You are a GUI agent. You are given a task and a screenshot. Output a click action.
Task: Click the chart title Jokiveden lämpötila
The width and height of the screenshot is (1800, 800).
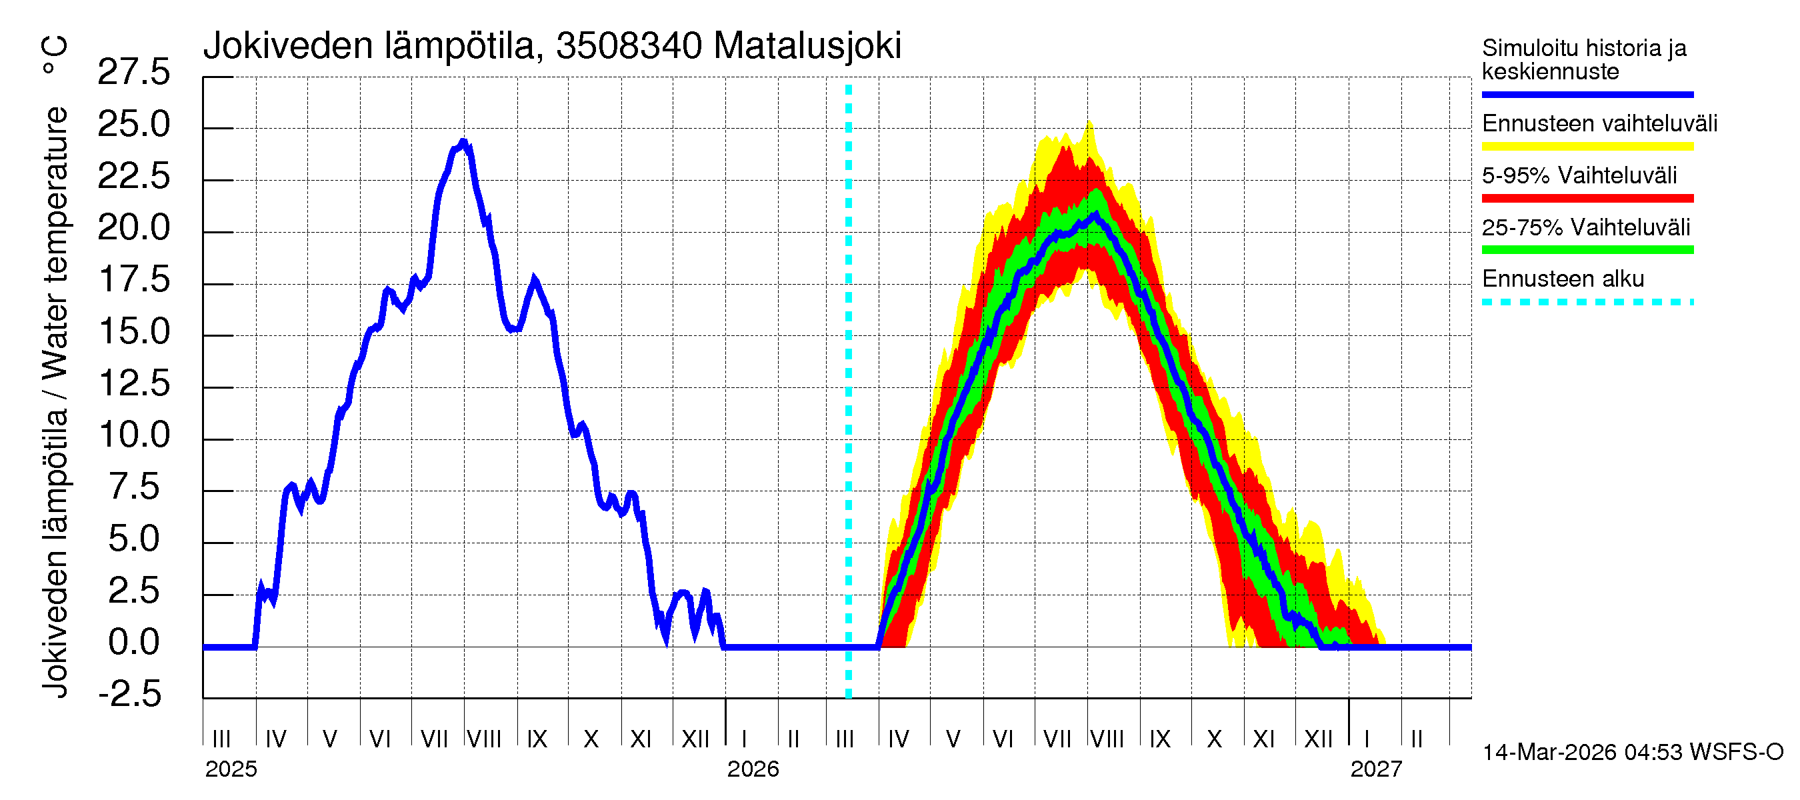pos(552,46)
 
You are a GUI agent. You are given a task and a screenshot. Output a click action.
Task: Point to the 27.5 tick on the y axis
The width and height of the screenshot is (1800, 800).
pos(133,73)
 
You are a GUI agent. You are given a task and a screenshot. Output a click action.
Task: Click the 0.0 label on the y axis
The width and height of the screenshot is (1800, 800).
pos(133,643)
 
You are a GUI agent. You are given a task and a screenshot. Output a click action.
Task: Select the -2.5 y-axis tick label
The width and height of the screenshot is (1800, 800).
pos(130,695)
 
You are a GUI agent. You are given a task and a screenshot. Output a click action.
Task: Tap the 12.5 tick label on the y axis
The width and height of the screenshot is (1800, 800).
pos(133,383)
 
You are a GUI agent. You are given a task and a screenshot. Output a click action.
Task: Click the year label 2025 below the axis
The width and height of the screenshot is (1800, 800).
pos(231,769)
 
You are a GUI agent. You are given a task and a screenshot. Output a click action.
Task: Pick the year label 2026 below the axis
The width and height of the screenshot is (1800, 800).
pos(753,769)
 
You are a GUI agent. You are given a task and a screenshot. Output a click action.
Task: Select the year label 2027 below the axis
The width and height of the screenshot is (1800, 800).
pos(1376,769)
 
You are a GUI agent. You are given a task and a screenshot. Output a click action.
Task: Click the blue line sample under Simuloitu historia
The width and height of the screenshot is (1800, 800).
pos(1587,94)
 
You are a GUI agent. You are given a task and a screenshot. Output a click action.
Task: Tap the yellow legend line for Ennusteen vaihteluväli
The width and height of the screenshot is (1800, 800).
pos(1587,147)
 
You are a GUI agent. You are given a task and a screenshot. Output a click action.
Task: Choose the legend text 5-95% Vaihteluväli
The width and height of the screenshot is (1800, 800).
pos(1579,175)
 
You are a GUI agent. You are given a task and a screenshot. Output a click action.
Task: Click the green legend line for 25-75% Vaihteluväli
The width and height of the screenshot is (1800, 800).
pos(1587,250)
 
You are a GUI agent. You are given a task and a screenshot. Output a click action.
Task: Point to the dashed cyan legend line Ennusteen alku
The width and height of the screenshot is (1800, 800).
pos(1587,303)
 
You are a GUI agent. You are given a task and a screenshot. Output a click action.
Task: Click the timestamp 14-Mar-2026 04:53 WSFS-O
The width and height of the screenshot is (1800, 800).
pos(1632,753)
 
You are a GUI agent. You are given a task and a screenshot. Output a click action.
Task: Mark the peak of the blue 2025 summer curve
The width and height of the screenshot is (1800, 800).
pos(463,143)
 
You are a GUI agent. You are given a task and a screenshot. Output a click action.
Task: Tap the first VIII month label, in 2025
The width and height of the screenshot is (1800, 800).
pos(483,739)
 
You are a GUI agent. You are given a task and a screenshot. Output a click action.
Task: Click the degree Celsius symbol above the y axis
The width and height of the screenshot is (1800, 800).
pos(54,56)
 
